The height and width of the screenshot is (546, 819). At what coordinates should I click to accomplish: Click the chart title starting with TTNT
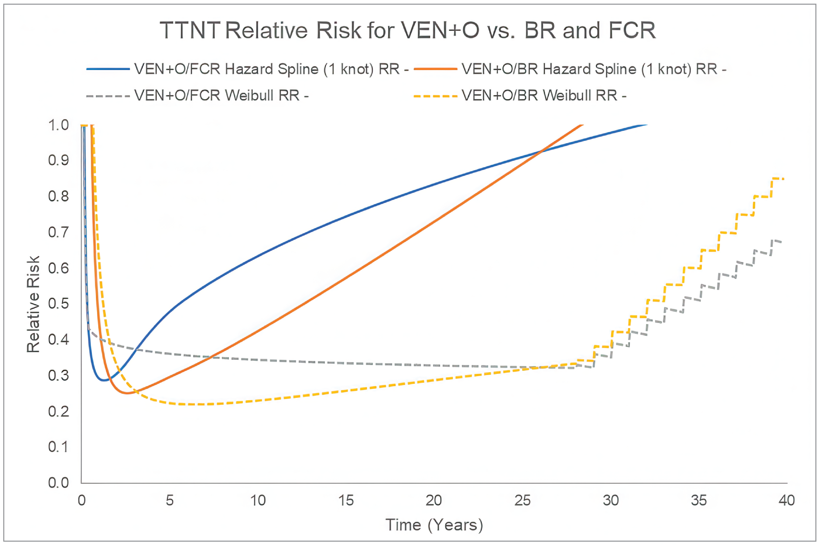pyautogui.click(x=408, y=31)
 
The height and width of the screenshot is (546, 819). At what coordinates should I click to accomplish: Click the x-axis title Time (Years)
pyautogui.click(x=434, y=525)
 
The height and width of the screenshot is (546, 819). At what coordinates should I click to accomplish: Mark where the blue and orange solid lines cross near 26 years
pyautogui.click(x=541, y=151)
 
